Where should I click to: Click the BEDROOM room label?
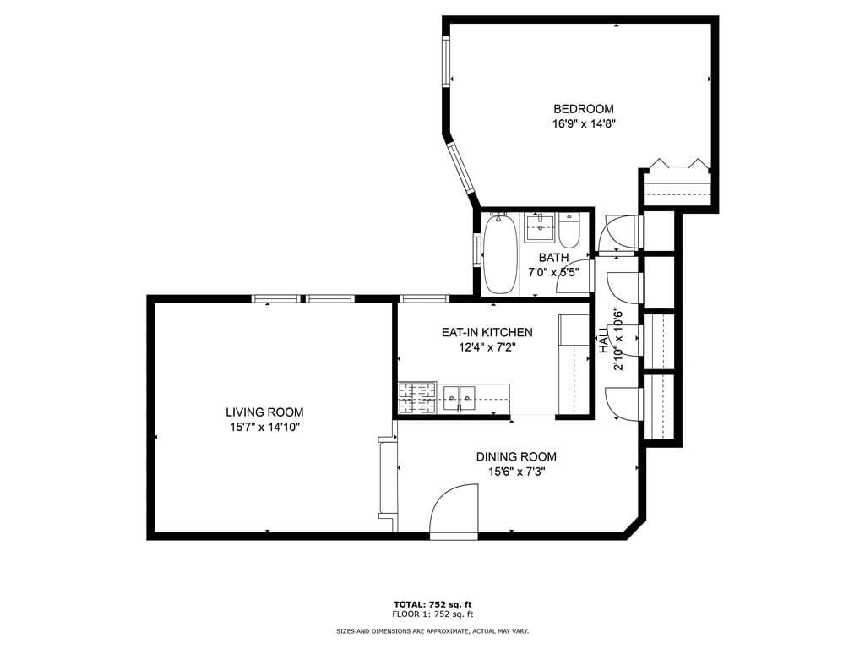point(583,108)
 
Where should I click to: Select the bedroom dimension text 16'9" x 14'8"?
point(583,123)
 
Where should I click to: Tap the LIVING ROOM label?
point(264,412)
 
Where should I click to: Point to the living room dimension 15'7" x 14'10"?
point(264,428)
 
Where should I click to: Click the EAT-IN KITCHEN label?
point(487,332)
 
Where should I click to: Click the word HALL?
point(604,340)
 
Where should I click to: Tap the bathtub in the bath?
point(499,253)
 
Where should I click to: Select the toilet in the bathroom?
point(569,230)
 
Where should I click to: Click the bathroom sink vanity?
point(539,228)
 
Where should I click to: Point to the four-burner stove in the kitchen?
point(416,398)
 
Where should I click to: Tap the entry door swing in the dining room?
point(454,511)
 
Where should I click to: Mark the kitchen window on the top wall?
point(423,298)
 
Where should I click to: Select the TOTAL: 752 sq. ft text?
point(432,604)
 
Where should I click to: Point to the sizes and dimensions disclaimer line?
point(432,631)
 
